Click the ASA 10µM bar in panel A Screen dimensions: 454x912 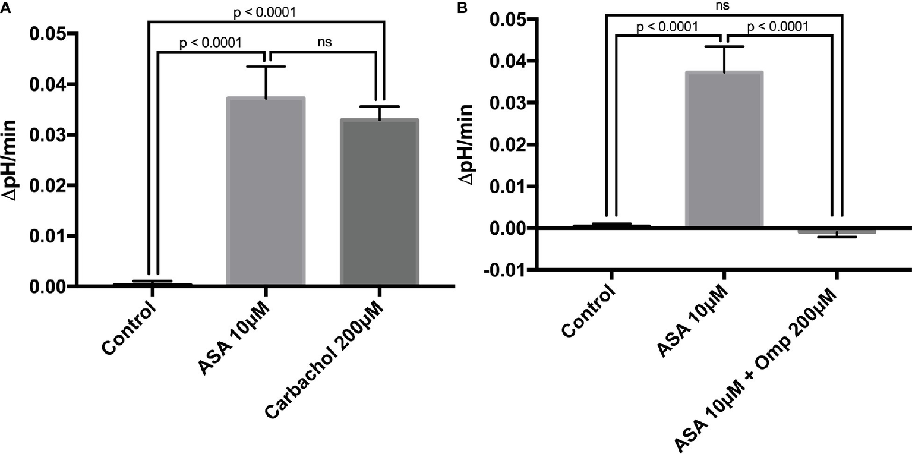click(266, 191)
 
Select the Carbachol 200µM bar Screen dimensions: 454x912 click(380, 202)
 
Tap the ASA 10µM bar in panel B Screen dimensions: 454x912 click(724, 149)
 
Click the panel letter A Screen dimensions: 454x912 click(5, 9)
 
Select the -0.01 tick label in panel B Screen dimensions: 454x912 click(508, 270)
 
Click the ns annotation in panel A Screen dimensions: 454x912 click(324, 43)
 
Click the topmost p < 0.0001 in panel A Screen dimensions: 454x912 click(264, 11)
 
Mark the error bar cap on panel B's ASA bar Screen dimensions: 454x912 click(724, 46)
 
